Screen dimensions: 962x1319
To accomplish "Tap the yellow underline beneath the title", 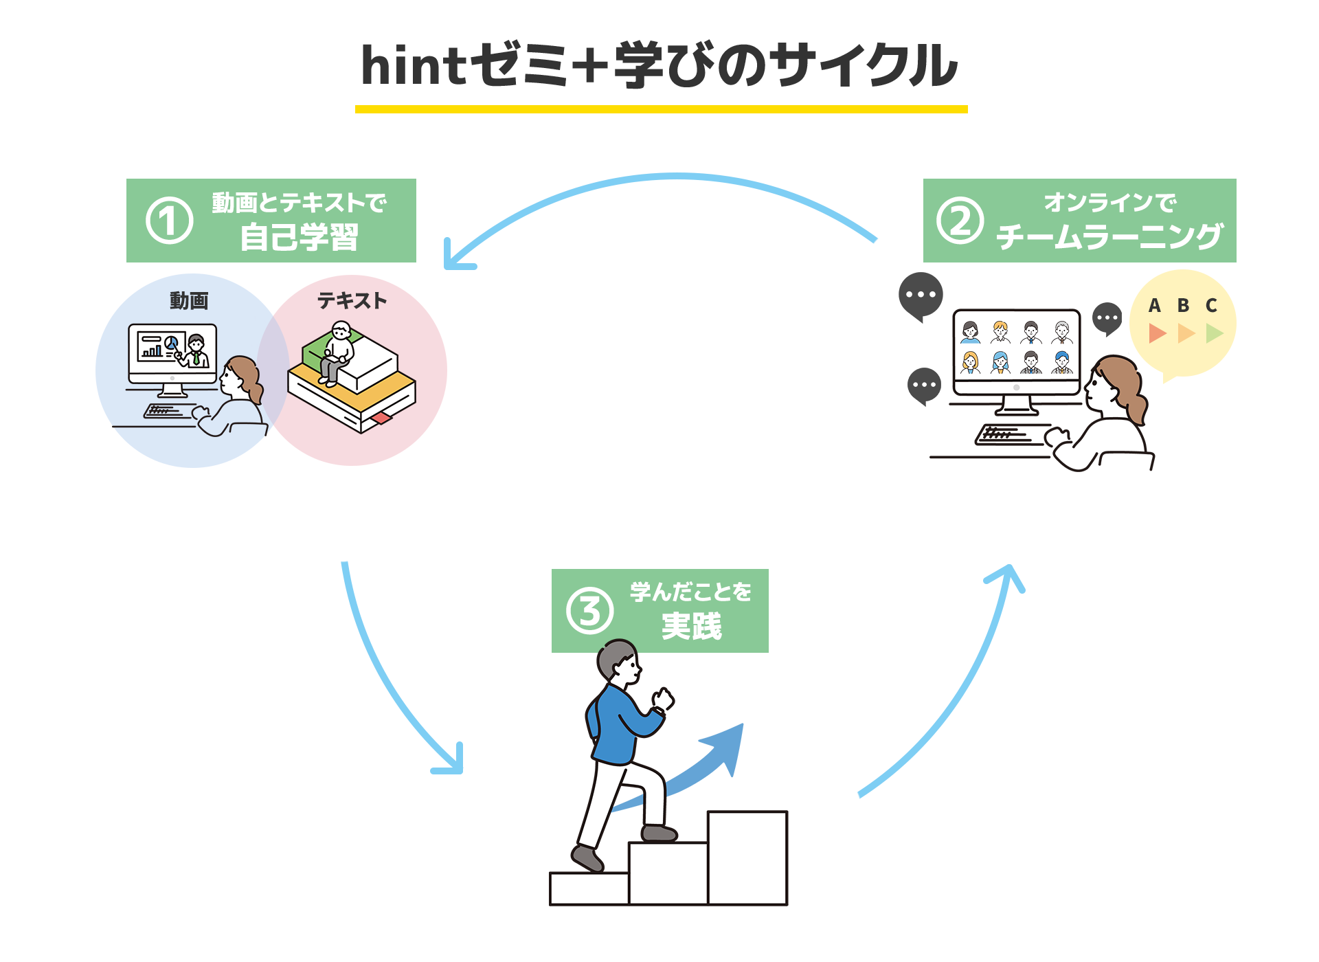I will tap(661, 109).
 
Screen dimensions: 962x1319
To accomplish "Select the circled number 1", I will tap(169, 221).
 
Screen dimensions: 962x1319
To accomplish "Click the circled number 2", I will tap(960, 221).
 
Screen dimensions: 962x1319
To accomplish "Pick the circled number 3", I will tap(589, 611).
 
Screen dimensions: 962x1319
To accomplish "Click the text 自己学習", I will tap(299, 238).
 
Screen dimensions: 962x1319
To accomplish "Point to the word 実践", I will tap(691, 626).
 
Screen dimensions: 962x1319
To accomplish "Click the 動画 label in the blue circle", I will tap(189, 301).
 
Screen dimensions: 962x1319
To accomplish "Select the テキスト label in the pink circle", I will tap(352, 301).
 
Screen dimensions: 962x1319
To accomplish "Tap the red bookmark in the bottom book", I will tap(381, 418).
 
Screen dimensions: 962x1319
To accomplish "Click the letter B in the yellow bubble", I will tap(1183, 306).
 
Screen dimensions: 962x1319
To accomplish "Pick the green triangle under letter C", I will tap(1214, 333).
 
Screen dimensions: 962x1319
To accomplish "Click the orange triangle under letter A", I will tap(1157, 333).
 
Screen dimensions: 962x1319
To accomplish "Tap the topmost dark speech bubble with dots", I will tap(921, 295).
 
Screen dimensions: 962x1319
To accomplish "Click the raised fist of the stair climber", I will tap(663, 699).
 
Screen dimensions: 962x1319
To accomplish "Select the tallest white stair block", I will tap(747, 857).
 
